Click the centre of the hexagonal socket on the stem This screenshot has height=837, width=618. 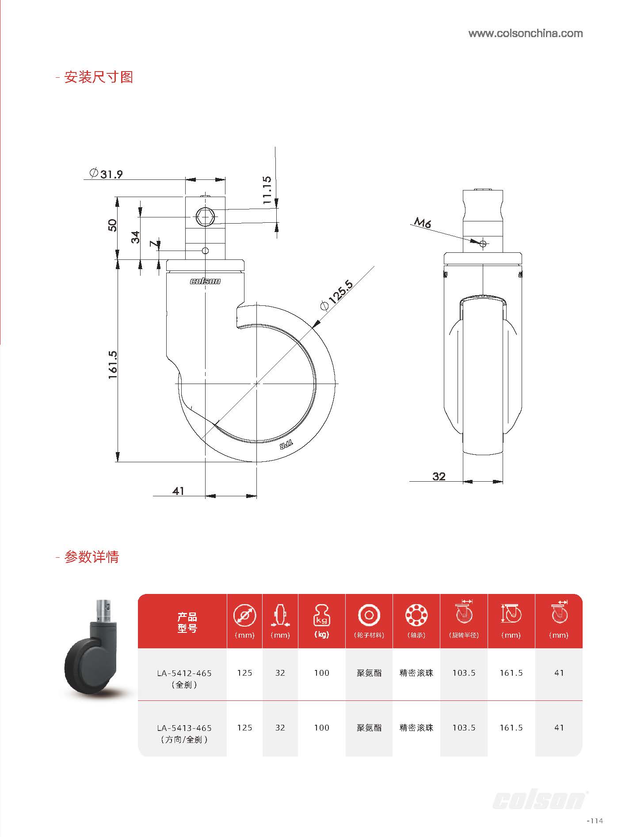pyautogui.click(x=205, y=217)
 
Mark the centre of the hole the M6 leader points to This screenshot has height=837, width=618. pyautogui.click(x=483, y=243)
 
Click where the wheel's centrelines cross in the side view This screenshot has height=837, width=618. pyautogui.click(x=256, y=384)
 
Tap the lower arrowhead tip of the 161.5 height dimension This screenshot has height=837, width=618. pyautogui.click(x=118, y=462)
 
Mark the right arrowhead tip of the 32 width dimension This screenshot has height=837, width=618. pyautogui.click(x=503, y=481)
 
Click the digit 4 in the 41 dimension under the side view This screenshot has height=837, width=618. pyautogui.click(x=175, y=491)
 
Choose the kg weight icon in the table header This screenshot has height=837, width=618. pyautogui.click(x=321, y=615)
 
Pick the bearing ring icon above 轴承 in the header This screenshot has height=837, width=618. pyautogui.click(x=416, y=615)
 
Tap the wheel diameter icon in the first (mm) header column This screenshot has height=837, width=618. pyautogui.click(x=244, y=616)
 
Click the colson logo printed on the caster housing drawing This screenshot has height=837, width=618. pyautogui.click(x=205, y=281)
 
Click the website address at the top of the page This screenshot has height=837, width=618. pyautogui.click(x=525, y=34)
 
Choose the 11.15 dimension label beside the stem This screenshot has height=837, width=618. pyautogui.click(x=267, y=190)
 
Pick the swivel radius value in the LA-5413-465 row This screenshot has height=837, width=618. pyautogui.click(x=464, y=727)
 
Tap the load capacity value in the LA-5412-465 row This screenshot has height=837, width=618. pyautogui.click(x=321, y=673)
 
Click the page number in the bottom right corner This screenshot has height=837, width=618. pyautogui.click(x=595, y=821)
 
